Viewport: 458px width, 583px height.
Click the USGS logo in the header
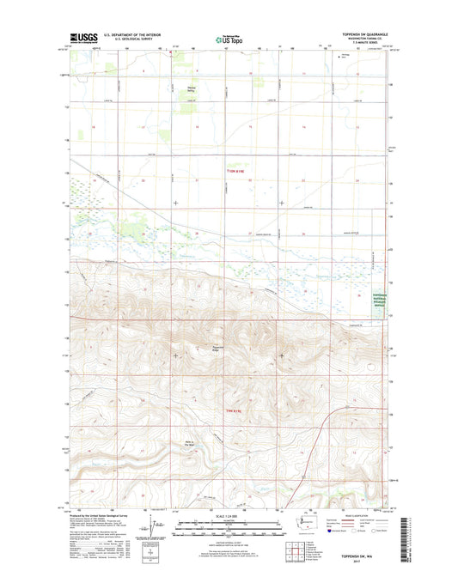pyautogui.click(x=82, y=38)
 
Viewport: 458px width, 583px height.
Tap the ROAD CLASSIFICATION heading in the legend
pyautogui.click(x=353, y=513)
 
